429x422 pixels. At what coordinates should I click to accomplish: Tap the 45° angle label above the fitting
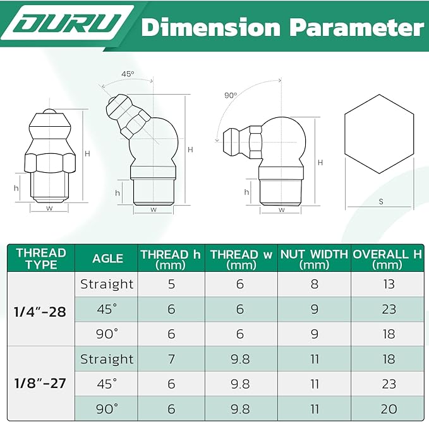pyautogui.click(x=128, y=74)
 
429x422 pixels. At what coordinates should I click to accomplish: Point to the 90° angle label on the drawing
pyautogui.click(x=231, y=95)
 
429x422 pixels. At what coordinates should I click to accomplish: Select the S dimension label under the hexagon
pyautogui.click(x=381, y=202)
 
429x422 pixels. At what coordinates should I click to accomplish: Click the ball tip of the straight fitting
pyautogui.click(x=49, y=112)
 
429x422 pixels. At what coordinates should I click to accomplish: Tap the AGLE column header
pyautogui.click(x=108, y=259)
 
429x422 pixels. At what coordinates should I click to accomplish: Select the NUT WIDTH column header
pyautogui.click(x=314, y=259)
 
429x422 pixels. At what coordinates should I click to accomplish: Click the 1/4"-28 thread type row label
pyautogui.click(x=40, y=312)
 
